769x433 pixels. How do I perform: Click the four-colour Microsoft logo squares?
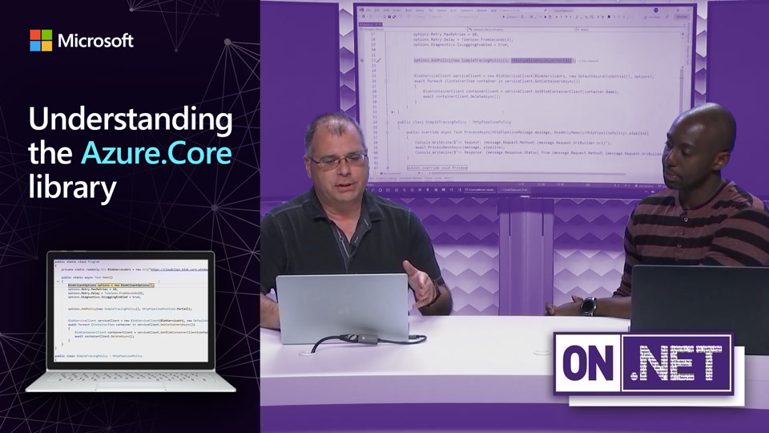pyautogui.click(x=41, y=40)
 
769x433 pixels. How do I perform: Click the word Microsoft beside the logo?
pyautogui.click(x=95, y=40)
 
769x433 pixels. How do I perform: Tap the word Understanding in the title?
pyautogui.click(x=131, y=120)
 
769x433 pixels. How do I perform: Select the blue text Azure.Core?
pyautogui.click(x=156, y=153)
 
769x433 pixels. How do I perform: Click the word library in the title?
pyautogui.click(x=73, y=187)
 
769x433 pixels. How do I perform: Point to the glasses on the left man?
pyautogui.click(x=339, y=160)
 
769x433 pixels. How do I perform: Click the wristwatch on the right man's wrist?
pyautogui.click(x=589, y=306)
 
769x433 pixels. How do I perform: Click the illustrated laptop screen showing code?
pyautogui.click(x=131, y=309)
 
